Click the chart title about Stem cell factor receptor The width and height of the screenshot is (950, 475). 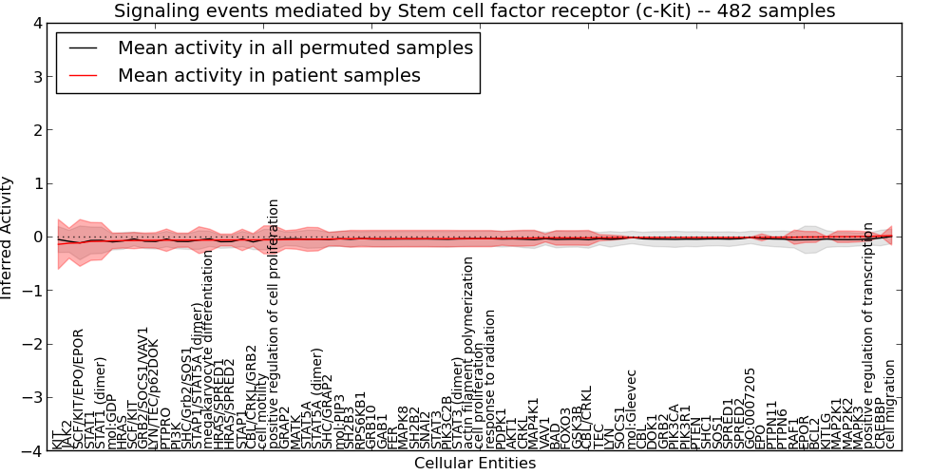click(475, 10)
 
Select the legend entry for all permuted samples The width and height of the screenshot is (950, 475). click(294, 47)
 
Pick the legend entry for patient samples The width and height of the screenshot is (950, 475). click(269, 75)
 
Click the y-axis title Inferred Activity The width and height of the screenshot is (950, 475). click(8, 237)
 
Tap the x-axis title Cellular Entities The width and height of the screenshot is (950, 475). click(475, 464)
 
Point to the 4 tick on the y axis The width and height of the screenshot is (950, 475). click(35, 23)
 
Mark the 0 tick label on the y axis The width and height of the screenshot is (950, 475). click(35, 237)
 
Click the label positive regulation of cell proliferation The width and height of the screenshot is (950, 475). click(274, 323)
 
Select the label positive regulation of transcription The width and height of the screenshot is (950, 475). click(868, 335)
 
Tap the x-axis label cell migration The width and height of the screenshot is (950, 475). click(890, 404)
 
